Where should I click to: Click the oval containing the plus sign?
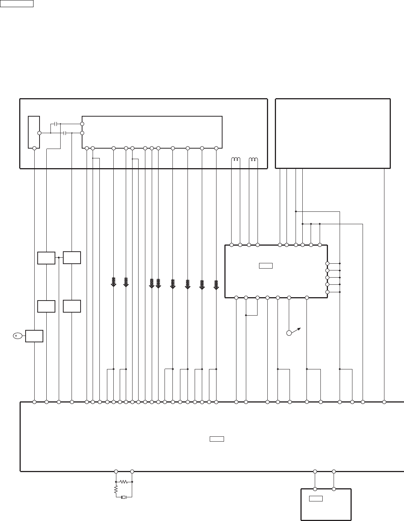coord(16,336)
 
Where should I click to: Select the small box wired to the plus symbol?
coord(34,336)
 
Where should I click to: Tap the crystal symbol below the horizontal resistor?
coord(123,497)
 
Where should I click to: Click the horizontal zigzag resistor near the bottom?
coord(123,482)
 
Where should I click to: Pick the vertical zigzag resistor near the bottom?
coord(116,489)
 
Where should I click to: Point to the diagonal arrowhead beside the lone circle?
coord(299,328)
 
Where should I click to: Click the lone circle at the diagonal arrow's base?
coord(289,333)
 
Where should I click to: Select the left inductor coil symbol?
coord(236,159)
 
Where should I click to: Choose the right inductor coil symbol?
coord(253,159)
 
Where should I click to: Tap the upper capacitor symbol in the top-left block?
coord(56,124)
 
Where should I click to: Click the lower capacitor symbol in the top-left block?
coord(66,133)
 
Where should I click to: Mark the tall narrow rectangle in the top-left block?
coord(34,132)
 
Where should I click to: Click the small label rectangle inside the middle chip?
coord(265,266)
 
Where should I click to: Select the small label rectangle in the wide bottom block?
coord(217,439)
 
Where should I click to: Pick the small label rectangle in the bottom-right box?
coord(316,499)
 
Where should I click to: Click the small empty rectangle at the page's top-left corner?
coord(17,3)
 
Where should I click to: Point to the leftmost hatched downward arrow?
coord(113,282)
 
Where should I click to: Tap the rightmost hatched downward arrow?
coord(216,285)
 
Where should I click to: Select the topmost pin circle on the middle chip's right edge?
coord(327,263)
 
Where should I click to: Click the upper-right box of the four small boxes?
coord(72,258)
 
